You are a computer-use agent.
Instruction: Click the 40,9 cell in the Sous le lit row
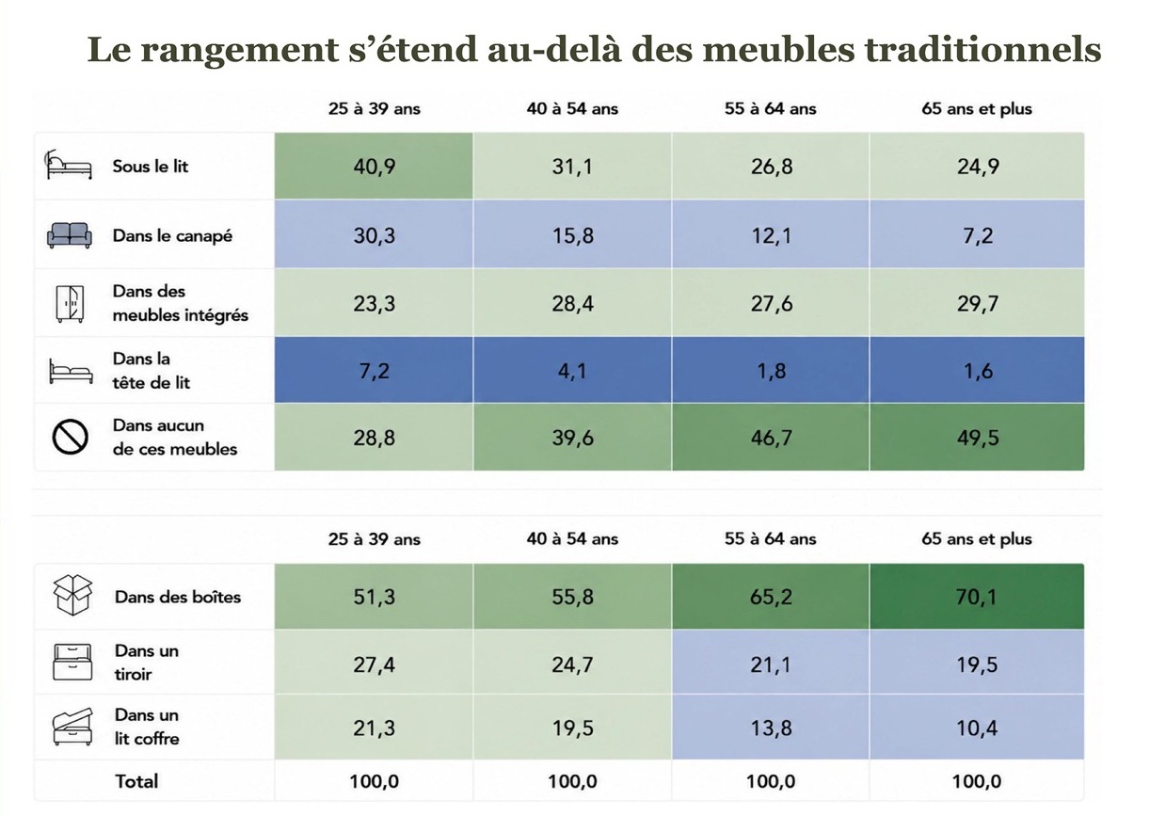coord(375,167)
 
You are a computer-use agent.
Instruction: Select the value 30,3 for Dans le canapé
coord(375,235)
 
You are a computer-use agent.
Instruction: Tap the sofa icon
coord(70,235)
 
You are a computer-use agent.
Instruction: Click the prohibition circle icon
coord(70,437)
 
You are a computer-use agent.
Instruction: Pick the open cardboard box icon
coord(72,595)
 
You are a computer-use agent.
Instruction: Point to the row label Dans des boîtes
coord(178,597)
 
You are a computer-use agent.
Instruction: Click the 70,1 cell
coord(977,597)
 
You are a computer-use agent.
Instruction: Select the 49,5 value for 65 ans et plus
coord(978,438)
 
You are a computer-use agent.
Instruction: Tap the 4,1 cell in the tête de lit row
coord(572,371)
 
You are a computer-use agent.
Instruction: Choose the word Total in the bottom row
coord(136,781)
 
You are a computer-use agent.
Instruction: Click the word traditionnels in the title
coord(982,51)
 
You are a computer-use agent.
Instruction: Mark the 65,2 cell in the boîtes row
coord(771,597)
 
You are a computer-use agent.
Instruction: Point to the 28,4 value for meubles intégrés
coord(572,303)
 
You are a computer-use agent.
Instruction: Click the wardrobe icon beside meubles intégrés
coord(70,303)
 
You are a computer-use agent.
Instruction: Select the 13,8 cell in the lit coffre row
coord(771,728)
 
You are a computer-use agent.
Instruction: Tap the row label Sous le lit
coord(151,167)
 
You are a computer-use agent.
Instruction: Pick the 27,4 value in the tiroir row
coord(375,664)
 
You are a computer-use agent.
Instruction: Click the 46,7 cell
coord(771,438)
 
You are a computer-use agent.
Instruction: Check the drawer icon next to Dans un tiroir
coord(72,662)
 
